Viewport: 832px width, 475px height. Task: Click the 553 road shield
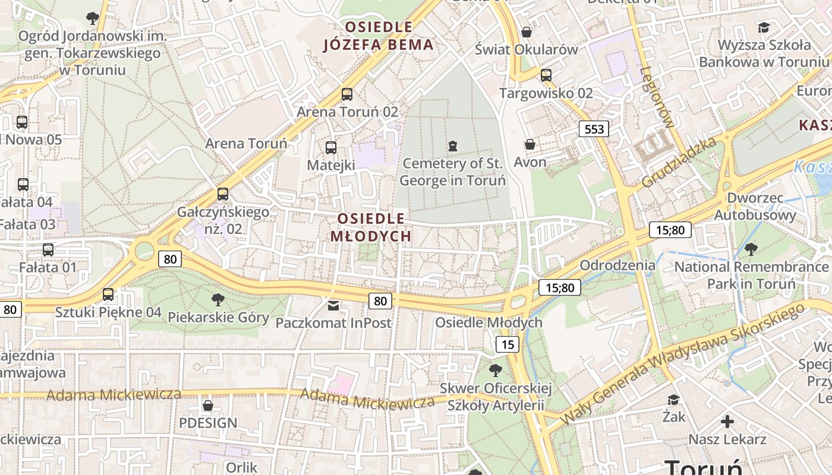pos(594,129)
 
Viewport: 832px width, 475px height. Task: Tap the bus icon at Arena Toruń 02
pos(347,94)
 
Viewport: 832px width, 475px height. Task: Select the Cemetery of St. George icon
pos(453,145)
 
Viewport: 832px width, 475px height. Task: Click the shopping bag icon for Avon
pos(530,144)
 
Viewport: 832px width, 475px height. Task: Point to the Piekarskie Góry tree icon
pos(218,299)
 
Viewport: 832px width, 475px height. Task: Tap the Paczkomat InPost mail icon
pos(333,305)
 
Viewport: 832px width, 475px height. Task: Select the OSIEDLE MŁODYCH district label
pos(371,227)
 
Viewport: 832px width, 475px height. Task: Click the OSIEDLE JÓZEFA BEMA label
pos(379,36)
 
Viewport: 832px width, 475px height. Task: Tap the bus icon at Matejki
pos(331,147)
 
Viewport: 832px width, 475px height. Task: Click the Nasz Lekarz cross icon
pos(727,422)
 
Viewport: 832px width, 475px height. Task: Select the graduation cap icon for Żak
pos(673,400)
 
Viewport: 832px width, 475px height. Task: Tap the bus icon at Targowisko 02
pos(546,75)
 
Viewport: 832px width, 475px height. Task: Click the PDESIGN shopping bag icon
pos(208,406)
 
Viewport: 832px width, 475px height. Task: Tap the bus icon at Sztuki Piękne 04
pos(108,294)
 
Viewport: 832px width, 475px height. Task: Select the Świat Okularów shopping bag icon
pos(526,31)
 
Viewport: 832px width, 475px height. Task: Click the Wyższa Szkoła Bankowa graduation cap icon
pos(764,27)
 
